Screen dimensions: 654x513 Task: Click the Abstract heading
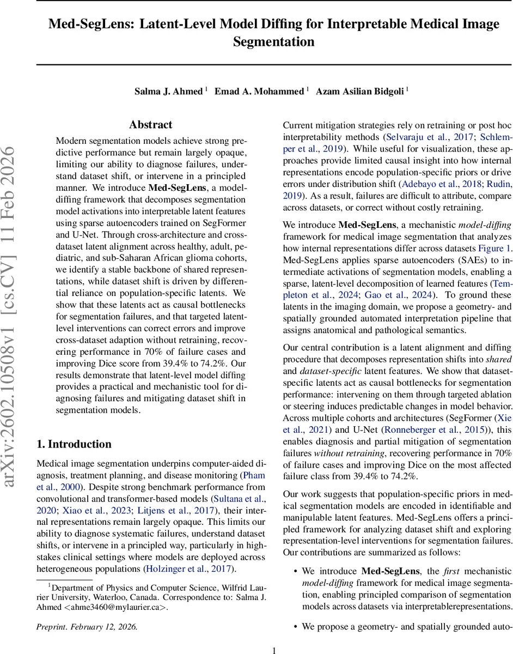(150, 125)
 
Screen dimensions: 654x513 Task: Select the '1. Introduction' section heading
(74, 444)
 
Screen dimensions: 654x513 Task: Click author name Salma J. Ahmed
(169, 91)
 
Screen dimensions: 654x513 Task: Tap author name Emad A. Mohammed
(259, 91)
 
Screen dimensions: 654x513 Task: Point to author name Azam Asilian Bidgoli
(359, 91)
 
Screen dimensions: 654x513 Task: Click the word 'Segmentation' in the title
(274, 42)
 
